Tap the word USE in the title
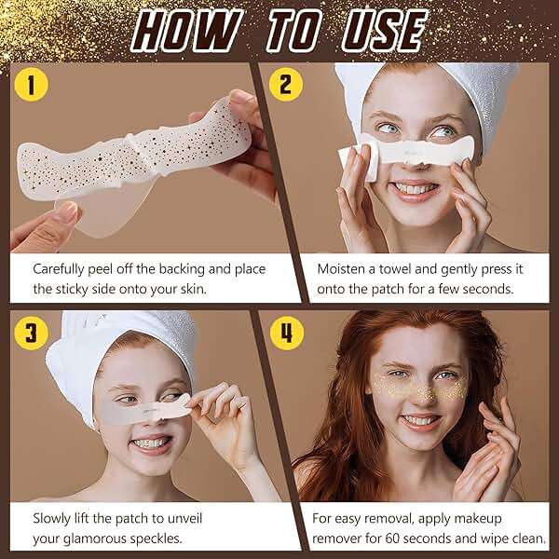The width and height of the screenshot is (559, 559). pos(384,31)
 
